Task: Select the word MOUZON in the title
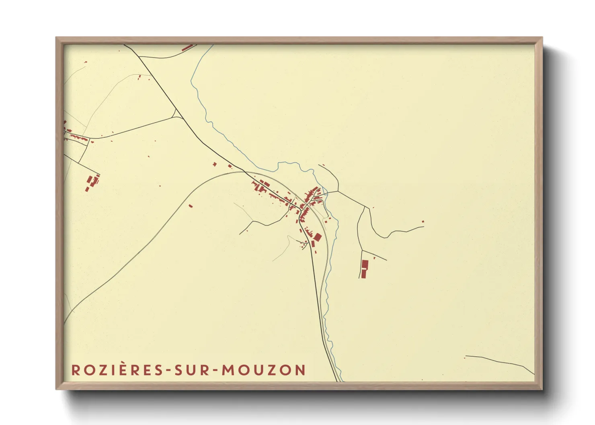coord(264,370)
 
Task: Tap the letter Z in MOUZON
coord(278,370)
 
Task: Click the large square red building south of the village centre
coord(317,237)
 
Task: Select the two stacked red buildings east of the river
coord(364,269)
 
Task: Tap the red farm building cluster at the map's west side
coord(92,182)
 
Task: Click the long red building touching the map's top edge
coord(188,48)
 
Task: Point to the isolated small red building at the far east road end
coord(423,221)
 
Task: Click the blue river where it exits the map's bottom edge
coord(342,380)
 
